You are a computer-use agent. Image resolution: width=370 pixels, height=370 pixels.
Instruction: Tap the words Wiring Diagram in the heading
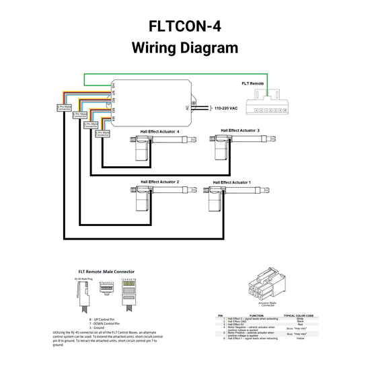[184, 48]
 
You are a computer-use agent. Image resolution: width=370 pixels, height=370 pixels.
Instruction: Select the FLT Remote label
[253, 84]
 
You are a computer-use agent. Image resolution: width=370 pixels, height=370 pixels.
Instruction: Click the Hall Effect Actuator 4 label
[159, 132]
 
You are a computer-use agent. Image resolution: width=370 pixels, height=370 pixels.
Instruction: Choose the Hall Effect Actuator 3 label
[240, 130]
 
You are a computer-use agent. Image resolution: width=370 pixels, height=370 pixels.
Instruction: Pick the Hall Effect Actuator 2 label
[159, 182]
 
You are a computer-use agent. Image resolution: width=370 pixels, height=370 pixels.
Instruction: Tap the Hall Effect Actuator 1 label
[231, 182]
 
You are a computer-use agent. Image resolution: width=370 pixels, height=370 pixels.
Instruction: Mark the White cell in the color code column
[291, 318]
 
